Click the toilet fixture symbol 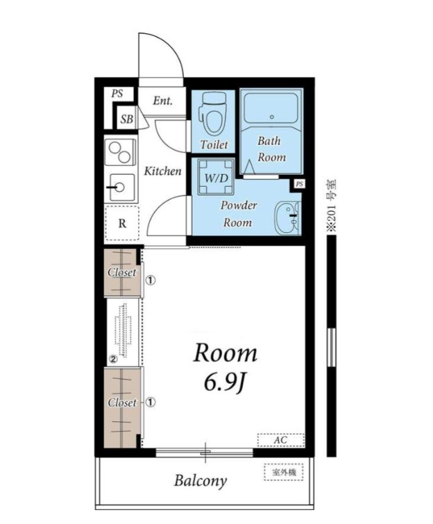click(213, 115)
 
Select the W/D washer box click(216, 177)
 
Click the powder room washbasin click(287, 218)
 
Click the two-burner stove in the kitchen click(120, 152)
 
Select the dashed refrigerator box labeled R click(122, 223)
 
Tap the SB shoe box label click(126, 119)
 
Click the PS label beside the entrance click(117, 94)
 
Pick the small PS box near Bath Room click(299, 184)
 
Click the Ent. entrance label click(162, 101)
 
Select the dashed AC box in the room click(280, 440)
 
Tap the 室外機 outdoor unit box click(284, 472)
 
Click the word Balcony click(200, 481)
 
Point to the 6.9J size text click(226, 383)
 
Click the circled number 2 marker click(113, 360)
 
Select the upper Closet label click(122, 272)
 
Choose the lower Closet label click(122, 403)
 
